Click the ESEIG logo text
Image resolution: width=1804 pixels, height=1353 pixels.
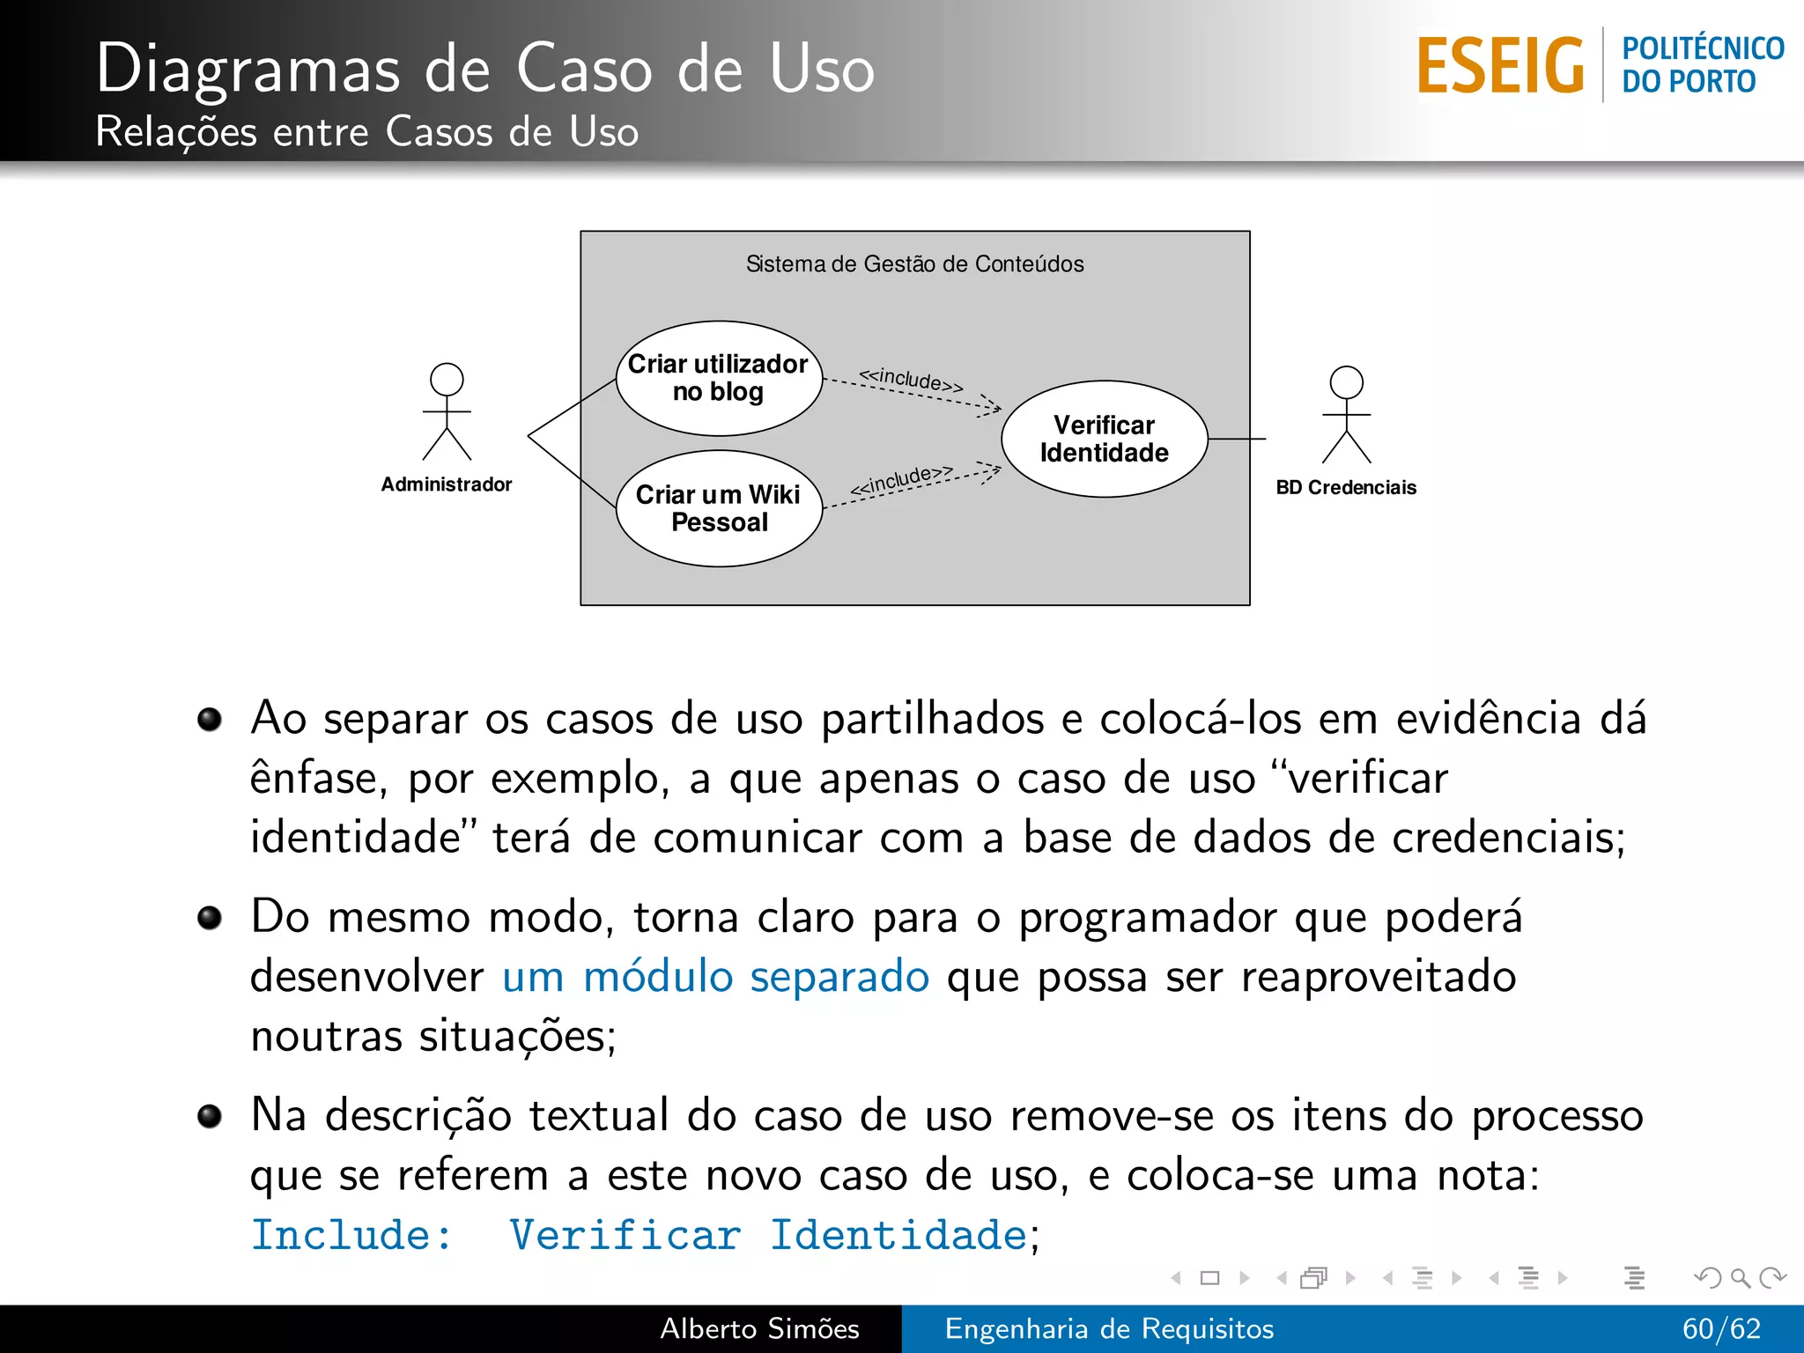pos(1500,66)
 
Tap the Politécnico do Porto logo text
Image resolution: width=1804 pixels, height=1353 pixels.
pos(1702,65)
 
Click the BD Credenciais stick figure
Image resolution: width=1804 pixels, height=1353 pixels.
pos(1346,416)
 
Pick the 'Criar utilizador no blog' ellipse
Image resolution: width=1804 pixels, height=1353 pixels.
pos(719,379)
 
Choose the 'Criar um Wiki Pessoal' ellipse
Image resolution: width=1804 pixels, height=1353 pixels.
pos(719,508)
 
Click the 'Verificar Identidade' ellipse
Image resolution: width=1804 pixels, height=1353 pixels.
pos(1104,439)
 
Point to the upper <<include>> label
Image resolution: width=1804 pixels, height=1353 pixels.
pos(911,380)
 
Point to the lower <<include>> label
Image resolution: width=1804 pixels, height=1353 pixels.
pos(901,480)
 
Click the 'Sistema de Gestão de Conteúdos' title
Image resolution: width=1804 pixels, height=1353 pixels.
pos(914,264)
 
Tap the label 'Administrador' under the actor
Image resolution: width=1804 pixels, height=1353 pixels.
pos(447,484)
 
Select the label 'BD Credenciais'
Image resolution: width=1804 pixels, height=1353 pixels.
pos(1346,488)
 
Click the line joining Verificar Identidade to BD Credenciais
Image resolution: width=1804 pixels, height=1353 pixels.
pos(1237,439)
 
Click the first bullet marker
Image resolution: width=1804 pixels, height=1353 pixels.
pos(210,720)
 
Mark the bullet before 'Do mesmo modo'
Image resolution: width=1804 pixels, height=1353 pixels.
pos(210,919)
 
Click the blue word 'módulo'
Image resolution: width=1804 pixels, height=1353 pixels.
pos(658,977)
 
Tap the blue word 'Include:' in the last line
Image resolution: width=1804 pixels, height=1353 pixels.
pos(351,1235)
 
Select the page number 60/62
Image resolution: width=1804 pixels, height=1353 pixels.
pos(1721,1328)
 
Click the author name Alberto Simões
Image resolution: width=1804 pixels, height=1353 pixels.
pos(759,1328)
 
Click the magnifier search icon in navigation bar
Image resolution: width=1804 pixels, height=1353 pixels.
pos(1740,1277)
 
